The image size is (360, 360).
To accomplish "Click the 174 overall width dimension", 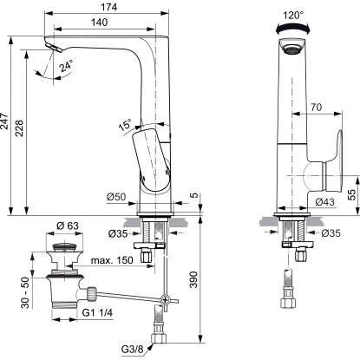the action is coord(109,7).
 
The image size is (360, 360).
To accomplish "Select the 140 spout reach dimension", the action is coord(99,23).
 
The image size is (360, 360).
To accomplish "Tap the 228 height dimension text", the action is coord(19,128).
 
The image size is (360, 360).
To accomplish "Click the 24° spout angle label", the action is coord(67,66).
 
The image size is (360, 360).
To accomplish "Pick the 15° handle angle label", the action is coord(125,125).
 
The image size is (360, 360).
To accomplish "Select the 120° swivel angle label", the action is coord(293,15).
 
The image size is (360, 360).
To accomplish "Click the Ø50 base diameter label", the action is coord(116,197).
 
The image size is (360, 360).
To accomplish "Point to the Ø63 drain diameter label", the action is coord(68,226).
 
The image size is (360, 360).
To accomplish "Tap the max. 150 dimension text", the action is coord(112,260).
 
